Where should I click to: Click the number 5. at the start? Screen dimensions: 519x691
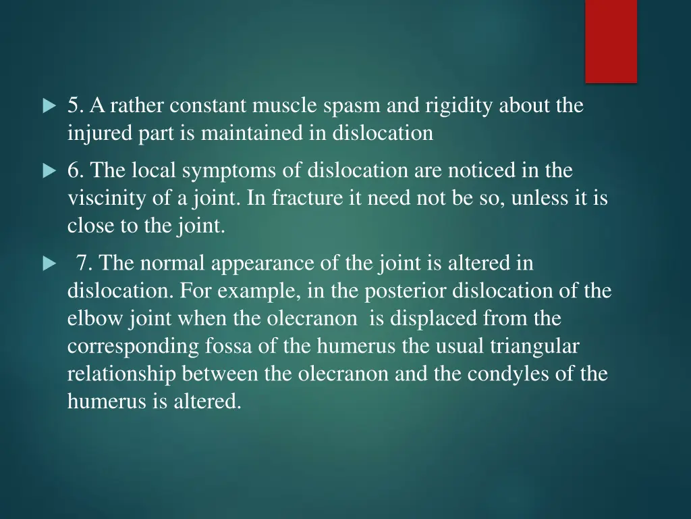coord(76,106)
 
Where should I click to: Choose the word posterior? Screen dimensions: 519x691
coord(406,291)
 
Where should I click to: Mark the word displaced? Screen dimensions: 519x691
coord(427,318)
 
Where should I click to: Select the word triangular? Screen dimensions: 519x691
coord(534,346)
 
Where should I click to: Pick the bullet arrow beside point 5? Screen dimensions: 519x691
coord(49,107)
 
